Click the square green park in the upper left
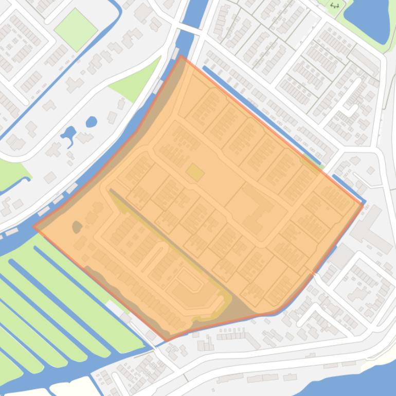(76, 29)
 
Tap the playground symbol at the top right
(335, 6)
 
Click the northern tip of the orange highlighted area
(181, 57)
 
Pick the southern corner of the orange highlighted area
(166, 339)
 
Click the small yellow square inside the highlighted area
(194, 172)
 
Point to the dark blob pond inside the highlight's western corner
(77, 226)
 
